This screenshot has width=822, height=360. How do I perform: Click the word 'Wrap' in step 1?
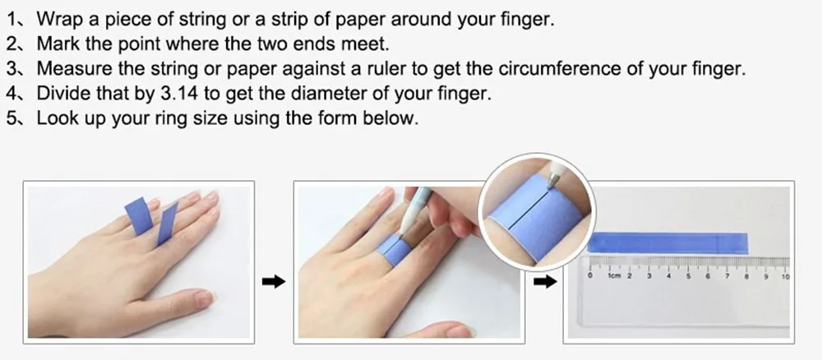(x=58, y=20)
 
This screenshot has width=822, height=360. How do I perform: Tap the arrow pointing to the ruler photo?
(x=545, y=282)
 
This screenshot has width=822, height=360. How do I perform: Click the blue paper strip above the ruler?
(x=667, y=242)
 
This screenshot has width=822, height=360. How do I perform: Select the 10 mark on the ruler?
(x=785, y=276)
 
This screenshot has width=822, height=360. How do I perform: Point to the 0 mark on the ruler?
(x=591, y=275)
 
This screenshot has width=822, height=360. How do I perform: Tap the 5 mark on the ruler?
(x=688, y=275)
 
